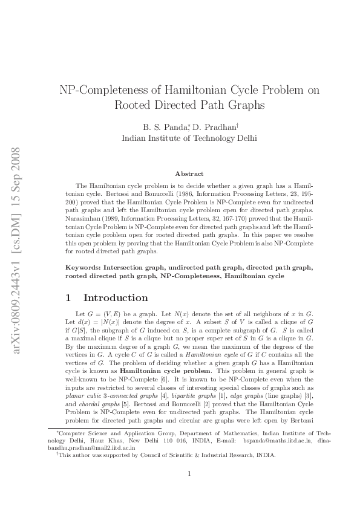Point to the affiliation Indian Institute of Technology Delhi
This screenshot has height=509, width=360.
(x=189, y=138)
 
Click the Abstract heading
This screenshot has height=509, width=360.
(x=189, y=173)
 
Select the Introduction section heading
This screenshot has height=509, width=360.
(x=116, y=297)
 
